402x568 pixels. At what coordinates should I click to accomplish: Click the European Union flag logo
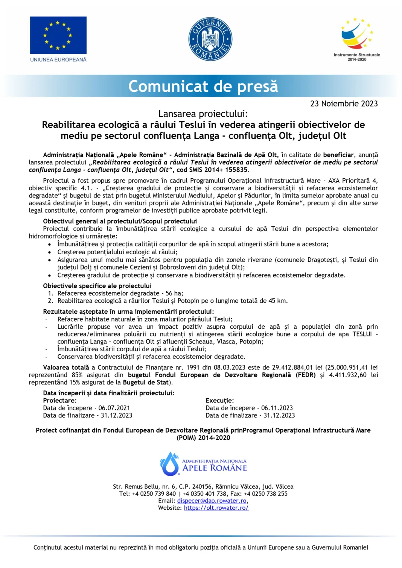[58, 35]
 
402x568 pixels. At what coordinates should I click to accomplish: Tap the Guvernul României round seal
[210, 39]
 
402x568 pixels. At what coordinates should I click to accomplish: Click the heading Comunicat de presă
[203, 87]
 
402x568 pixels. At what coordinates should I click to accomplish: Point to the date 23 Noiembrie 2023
[344, 104]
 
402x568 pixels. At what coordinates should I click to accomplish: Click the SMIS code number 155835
[236, 170]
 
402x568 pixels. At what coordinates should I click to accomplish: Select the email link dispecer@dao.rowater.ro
[212, 501]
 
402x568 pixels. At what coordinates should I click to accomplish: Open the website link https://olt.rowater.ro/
[216, 508]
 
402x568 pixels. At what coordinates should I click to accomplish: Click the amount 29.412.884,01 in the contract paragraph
[292, 368]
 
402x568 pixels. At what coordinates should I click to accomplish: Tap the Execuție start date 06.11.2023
[277, 408]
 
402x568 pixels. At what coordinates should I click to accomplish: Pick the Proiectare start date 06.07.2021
[114, 408]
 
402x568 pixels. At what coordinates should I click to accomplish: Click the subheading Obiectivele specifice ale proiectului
[97, 286]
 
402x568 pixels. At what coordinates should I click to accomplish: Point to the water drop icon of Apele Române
[170, 464]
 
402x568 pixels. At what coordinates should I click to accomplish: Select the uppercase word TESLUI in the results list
[362, 334]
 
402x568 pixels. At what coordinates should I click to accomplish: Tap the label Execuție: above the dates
[220, 401]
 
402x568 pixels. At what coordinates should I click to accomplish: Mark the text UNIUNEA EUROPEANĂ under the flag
[58, 60]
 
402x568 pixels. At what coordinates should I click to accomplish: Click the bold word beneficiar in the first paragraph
[338, 155]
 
